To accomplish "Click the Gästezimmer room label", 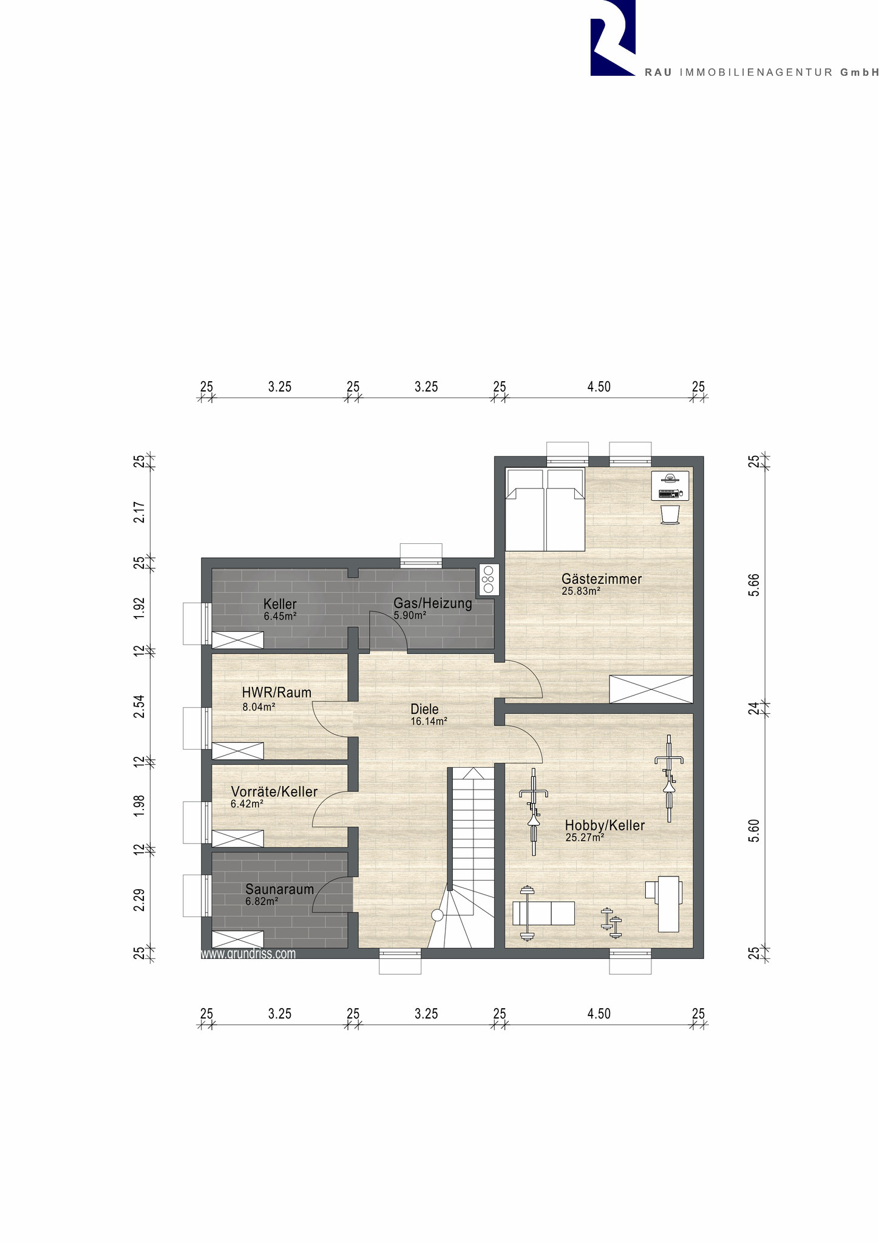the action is (x=601, y=579).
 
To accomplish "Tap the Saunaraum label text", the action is (x=279, y=889).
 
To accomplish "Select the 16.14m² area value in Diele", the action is (x=429, y=722).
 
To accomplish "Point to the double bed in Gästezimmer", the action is (x=545, y=510).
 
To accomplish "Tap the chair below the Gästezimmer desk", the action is (x=670, y=513).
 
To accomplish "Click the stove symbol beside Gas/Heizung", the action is (x=489, y=579).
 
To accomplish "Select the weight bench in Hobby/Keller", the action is (x=543, y=913).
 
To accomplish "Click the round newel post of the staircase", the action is (x=436, y=915).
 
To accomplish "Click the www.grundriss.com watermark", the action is (x=248, y=953).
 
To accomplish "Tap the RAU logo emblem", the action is (x=613, y=38).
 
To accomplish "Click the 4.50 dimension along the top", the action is (x=599, y=387).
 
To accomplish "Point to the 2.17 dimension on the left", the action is (x=139, y=512).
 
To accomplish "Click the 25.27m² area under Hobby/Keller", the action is (x=585, y=838).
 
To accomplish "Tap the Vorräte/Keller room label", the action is (x=274, y=791).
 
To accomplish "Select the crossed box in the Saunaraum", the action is (x=237, y=938).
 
